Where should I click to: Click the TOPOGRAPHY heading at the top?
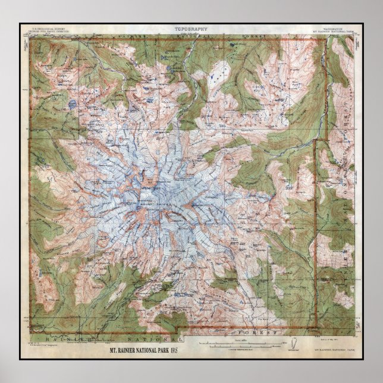(191, 29)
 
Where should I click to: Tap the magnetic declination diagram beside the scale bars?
(293, 343)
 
